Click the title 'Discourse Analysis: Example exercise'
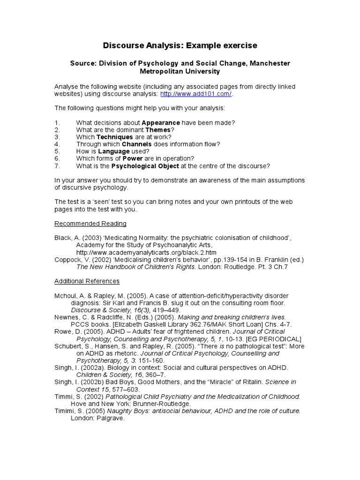coord(180,45)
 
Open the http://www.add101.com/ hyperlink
coord(196,94)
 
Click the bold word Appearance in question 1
coord(161,123)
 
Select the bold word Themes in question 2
coord(158,130)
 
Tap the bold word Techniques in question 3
coord(114,137)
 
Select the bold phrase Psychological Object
coord(145,166)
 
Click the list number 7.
coord(56,166)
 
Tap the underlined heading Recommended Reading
coord(90,224)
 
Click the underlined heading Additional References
coord(87,281)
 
